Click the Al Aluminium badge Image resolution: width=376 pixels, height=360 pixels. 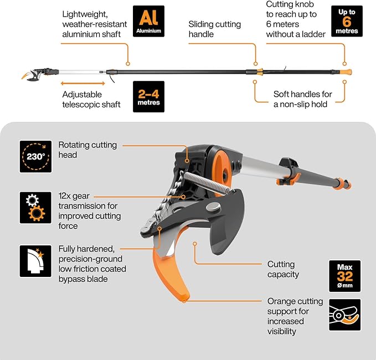click(x=149, y=21)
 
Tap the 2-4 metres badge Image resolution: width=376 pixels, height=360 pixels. click(x=149, y=97)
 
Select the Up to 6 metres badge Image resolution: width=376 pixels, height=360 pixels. click(x=347, y=21)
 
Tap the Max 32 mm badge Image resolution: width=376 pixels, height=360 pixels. click(x=344, y=275)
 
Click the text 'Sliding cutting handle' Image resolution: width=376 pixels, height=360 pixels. click(x=214, y=29)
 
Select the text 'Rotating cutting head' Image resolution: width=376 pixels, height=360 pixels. click(x=87, y=150)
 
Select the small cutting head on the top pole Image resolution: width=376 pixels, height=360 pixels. click(x=33, y=74)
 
